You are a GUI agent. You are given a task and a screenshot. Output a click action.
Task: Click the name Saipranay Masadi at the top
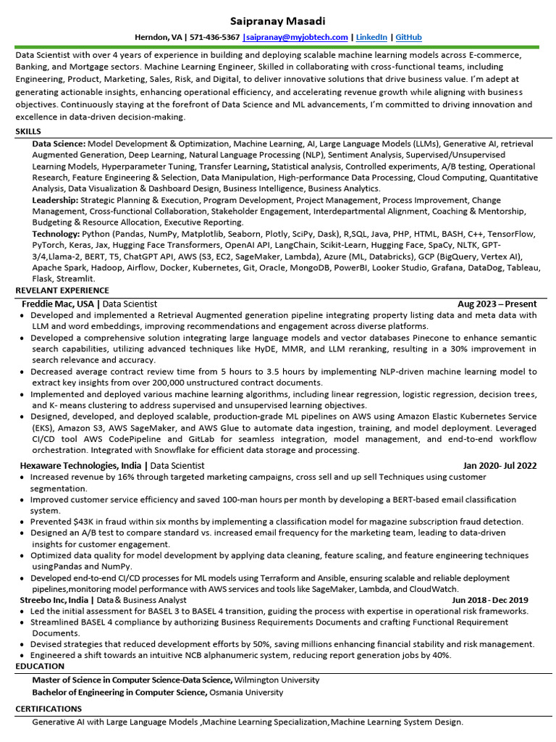coord(277,21)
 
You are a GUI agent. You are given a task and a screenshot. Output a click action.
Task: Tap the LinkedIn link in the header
coord(371,37)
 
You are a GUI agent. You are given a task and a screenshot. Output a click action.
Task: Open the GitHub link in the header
coord(409,37)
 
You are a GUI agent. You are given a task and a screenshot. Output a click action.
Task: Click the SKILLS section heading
coord(28,131)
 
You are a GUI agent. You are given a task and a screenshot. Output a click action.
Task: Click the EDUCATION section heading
coord(40,666)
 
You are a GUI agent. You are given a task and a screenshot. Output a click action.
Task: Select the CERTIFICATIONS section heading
coord(49,709)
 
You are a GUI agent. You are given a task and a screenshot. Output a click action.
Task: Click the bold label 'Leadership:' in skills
coord(55,200)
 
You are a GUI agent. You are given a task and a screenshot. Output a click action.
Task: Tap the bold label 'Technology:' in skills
coord(56,234)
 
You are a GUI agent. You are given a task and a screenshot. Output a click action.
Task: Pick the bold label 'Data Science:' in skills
coord(59,144)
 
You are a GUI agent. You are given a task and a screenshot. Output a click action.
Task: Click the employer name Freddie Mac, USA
coord(58,304)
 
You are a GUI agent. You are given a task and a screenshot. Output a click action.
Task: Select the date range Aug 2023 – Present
coord(497,304)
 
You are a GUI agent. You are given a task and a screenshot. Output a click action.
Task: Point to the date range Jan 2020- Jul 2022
coord(500,465)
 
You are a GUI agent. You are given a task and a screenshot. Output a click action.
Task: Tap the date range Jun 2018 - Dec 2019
coord(490,600)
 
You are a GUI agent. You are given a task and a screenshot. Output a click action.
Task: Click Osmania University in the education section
coord(246,693)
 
